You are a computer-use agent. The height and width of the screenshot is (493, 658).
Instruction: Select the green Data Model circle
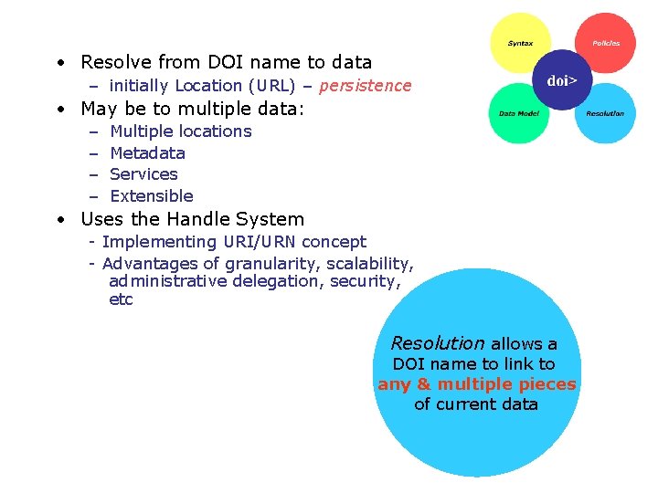(518, 114)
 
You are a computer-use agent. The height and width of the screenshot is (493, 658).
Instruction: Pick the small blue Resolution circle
(605, 114)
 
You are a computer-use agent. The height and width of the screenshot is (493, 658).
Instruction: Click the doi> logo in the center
(562, 80)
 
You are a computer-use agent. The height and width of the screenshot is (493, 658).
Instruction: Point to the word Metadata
(147, 153)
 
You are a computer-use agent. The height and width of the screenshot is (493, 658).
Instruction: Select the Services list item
(143, 174)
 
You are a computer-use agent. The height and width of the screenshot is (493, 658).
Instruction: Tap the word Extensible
(152, 196)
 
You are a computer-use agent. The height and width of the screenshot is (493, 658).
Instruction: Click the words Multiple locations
(180, 131)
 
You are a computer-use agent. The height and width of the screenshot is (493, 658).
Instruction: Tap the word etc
(121, 299)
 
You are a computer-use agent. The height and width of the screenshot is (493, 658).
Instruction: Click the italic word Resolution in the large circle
(438, 343)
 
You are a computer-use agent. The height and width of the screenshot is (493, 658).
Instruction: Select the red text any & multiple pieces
(476, 384)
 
